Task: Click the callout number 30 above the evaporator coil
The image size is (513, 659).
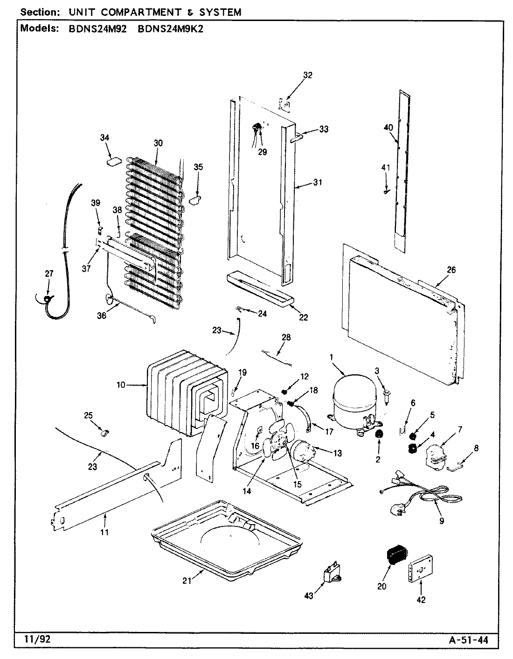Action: (158, 143)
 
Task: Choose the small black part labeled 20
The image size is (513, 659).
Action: (395, 555)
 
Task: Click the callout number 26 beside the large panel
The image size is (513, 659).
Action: (451, 269)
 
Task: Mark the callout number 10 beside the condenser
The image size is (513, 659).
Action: (121, 385)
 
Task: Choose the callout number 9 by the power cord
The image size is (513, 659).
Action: (441, 521)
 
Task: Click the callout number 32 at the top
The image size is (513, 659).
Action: (307, 75)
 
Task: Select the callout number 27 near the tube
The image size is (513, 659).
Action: (49, 274)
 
